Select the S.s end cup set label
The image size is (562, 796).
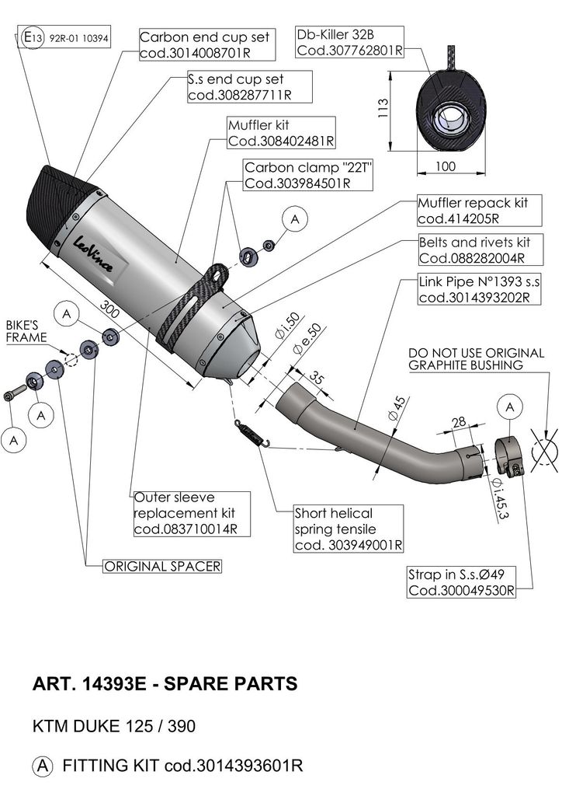pos(249,87)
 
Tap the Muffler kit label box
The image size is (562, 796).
pos(280,133)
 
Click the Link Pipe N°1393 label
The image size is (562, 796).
pos(474,289)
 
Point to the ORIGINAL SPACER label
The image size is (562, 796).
pos(162,567)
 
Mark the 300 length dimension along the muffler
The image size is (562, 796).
pos(111,312)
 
